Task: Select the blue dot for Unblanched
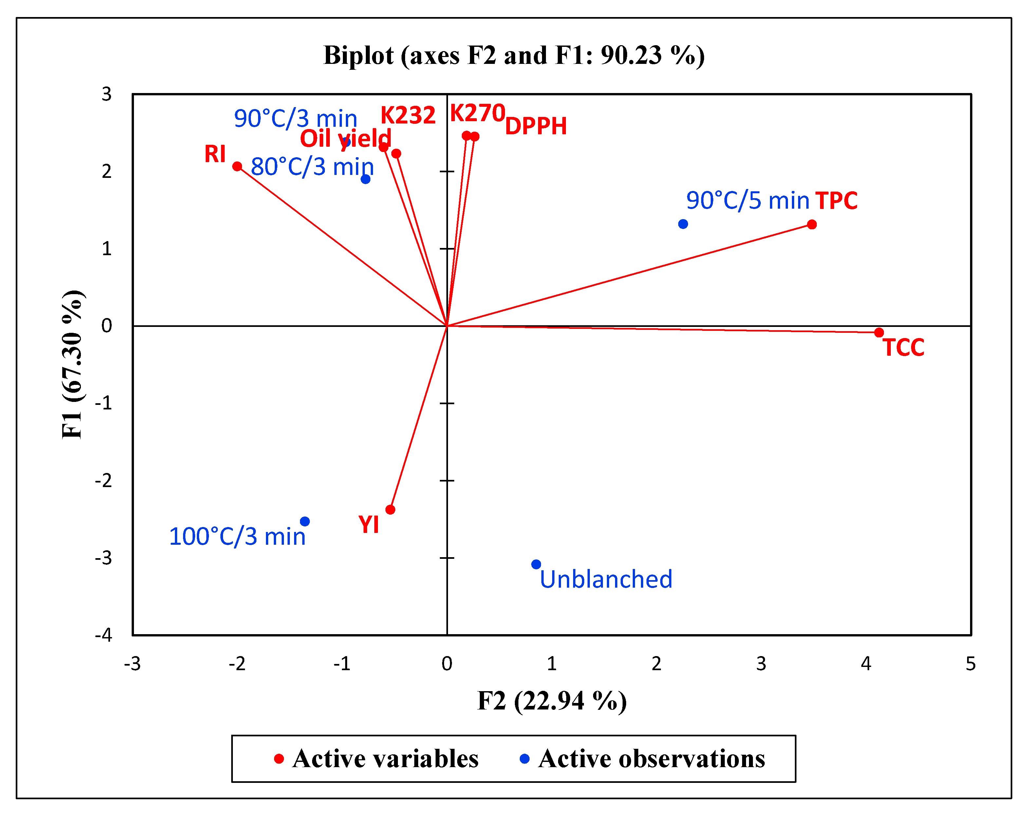tap(536, 564)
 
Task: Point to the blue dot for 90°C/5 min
tap(683, 224)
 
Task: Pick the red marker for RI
tap(237, 166)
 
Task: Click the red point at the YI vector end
tap(390, 509)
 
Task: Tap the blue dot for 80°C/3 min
tap(365, 179)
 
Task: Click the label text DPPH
tap(536, 126)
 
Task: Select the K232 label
tap(408, 115)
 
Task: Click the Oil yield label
tap(346, 139)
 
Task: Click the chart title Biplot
tap(514, 55)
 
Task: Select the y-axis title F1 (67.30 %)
tap(73, 364)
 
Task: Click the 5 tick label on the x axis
tap(970, 664)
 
